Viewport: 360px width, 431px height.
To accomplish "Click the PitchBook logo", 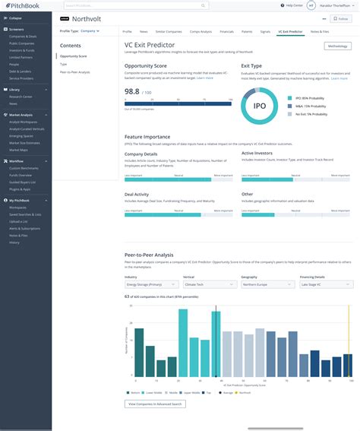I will tap(24, 6).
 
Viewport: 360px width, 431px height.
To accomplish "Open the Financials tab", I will tap(226, 31).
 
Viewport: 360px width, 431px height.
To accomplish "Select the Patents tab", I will tap(248, 31).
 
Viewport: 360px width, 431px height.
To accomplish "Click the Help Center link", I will tap(292, 6).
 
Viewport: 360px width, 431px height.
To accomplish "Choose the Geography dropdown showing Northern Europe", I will tap(267, 285).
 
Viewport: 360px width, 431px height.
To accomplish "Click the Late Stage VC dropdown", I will tap(326, 285).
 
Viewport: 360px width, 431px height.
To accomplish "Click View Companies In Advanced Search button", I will tap(154, 404).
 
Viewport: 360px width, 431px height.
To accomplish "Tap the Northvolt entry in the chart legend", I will tap(243, 393).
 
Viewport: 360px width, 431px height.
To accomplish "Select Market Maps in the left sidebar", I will tap(20, 149).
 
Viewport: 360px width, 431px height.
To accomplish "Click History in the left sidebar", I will tap(14, 242).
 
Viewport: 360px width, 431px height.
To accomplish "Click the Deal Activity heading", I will tap(137, 194).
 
